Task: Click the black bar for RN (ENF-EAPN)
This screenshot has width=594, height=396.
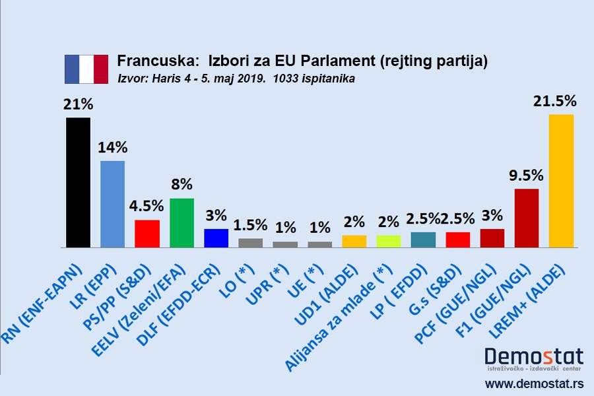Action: point(78,182)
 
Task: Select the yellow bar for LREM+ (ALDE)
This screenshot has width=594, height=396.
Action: point(561,181)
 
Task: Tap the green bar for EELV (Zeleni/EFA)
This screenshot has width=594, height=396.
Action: point(181,222)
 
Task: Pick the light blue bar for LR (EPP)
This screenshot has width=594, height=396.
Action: point(112,204)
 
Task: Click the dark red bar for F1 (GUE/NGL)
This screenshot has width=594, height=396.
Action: point(526,218)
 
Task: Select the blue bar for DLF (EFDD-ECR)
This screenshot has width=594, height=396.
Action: point(216,238)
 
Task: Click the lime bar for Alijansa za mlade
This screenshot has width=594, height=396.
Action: point(388,241)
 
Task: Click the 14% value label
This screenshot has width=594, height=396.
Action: point(113,147)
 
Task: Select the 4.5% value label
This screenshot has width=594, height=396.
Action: point(147,206)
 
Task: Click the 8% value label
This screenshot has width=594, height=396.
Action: point(181,184)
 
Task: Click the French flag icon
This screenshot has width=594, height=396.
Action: point(86,69)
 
